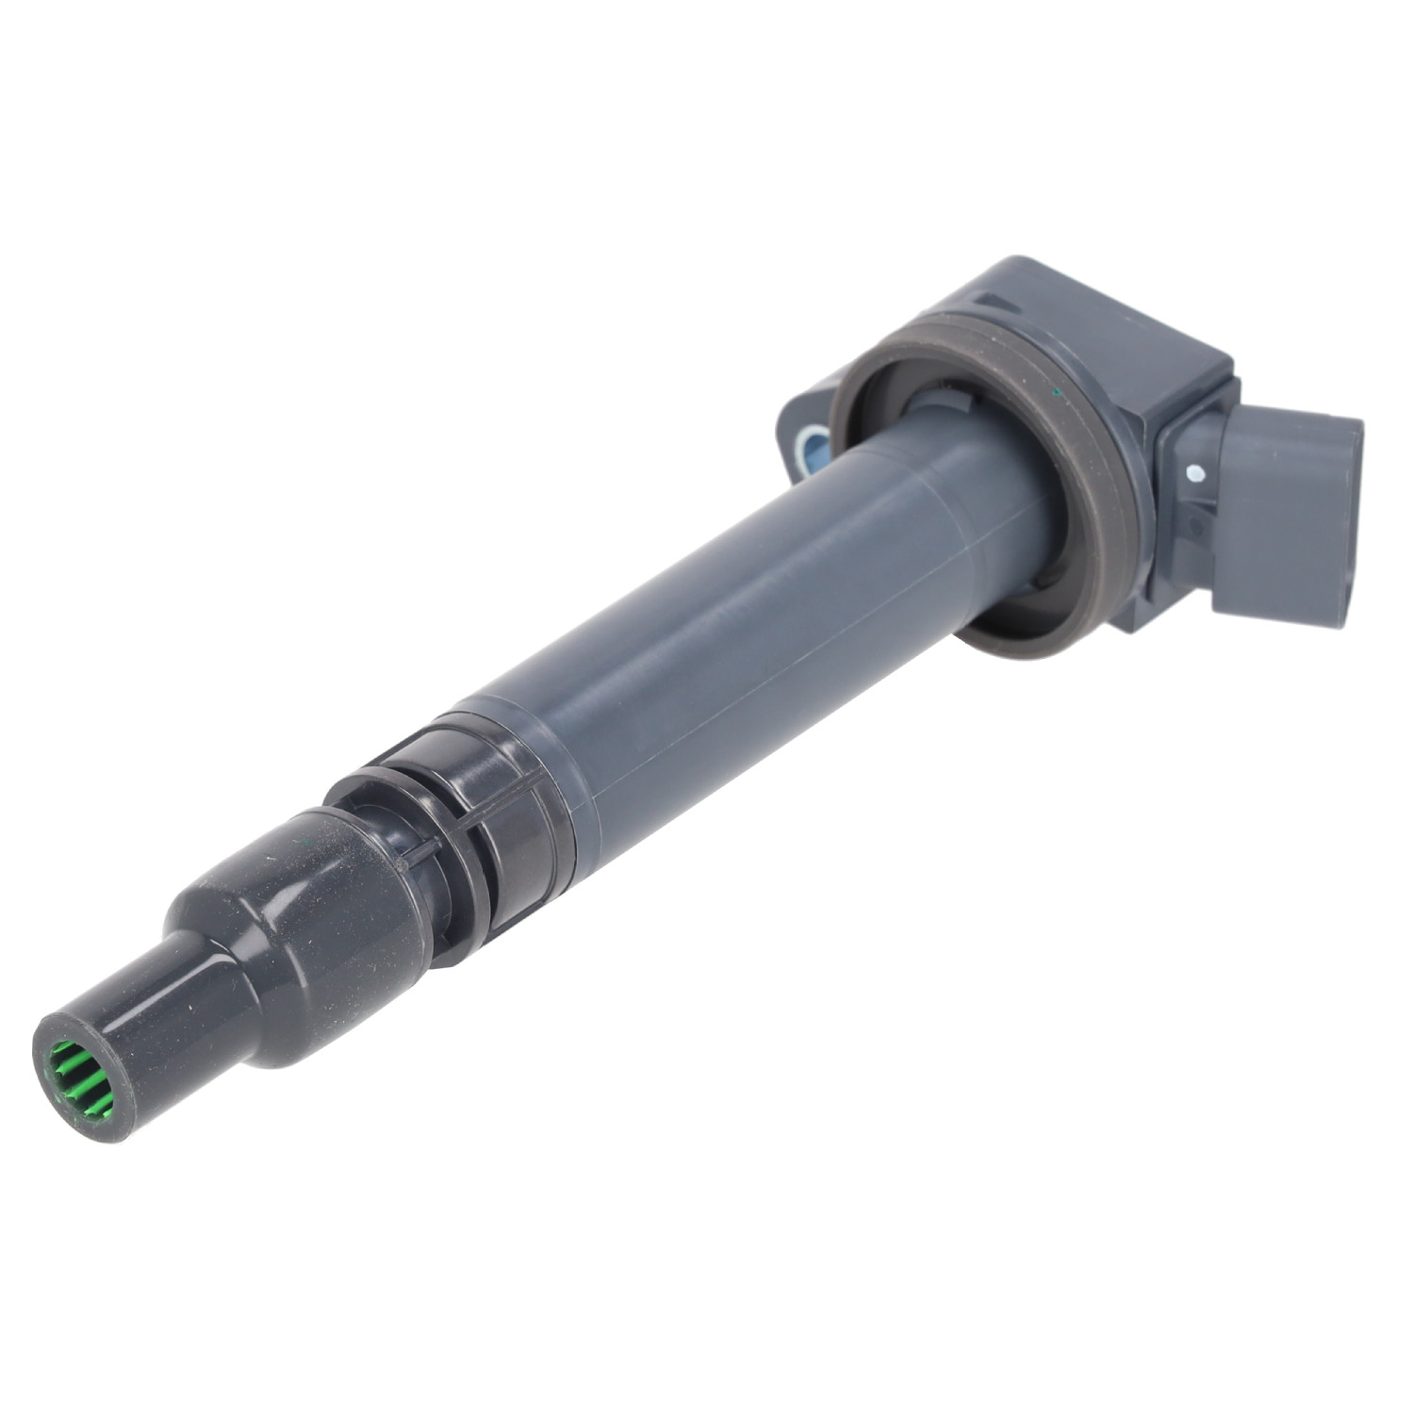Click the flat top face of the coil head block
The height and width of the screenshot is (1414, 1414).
click(1084, 311)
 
